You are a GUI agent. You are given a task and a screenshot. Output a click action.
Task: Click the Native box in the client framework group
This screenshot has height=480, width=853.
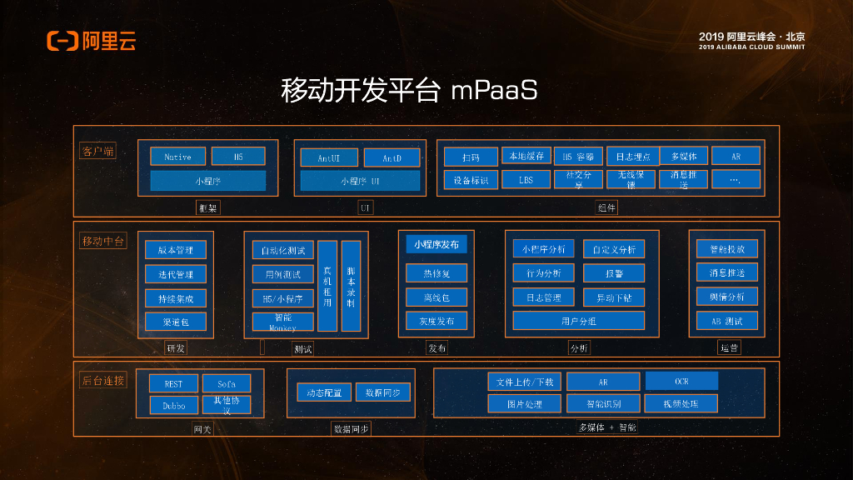pos(177,157)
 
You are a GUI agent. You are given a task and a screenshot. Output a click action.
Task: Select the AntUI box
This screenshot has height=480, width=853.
pos(327,157)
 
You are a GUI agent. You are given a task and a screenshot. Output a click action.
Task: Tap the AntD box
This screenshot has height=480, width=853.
pos(392,157)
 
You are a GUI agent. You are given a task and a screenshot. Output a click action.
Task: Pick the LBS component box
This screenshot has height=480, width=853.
pos(526,179)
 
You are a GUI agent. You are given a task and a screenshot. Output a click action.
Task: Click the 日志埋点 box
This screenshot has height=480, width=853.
pos(631,156)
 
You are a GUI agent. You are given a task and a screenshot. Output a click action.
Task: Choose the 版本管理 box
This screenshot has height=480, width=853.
pos(175,250)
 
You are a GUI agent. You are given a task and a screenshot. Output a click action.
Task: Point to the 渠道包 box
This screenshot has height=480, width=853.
pos(175,322)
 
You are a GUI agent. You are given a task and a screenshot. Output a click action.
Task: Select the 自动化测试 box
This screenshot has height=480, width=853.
pos(282,250)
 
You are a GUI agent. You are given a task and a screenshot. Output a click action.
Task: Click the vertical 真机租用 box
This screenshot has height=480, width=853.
pos(327,286)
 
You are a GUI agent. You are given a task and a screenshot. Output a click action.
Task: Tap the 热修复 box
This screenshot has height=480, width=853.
pos(436,273)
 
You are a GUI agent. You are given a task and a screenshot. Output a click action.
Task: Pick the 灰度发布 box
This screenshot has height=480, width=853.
pos(436,321)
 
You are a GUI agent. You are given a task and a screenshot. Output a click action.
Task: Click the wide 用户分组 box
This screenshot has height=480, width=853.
pos(578,321)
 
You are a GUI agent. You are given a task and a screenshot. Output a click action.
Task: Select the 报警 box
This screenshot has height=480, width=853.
pos(613,273)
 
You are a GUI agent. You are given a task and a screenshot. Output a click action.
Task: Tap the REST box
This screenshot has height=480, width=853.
pos(173,383)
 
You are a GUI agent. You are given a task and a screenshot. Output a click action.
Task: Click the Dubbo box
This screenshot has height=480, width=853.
pos(173,405)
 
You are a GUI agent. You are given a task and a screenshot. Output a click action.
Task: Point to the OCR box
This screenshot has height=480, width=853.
pos(681,381)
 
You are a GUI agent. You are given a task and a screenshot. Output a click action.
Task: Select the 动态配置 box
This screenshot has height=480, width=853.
pos(324,392)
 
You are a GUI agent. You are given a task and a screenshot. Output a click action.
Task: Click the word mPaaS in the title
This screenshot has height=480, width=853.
pos(494,90)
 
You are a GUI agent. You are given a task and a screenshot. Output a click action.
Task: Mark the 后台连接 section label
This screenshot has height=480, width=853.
pos(103,381)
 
